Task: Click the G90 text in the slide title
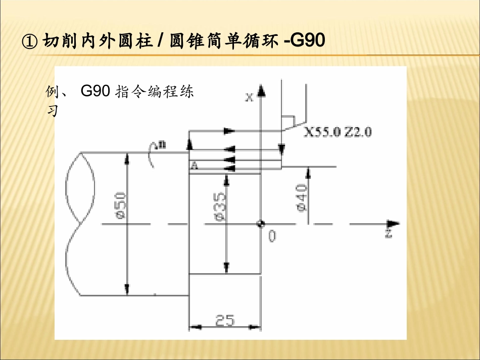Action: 307,40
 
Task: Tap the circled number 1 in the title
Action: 30,41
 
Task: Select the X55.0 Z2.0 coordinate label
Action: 338,132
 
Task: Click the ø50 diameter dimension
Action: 120,205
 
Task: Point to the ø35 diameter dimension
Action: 220,207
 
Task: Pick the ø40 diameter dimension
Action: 301,197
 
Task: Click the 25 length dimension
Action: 225,320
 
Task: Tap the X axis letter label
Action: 250,97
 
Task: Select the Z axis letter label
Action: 389,234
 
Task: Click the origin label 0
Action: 272,235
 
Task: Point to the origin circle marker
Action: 261,224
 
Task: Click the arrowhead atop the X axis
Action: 261,91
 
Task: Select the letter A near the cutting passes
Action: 194,166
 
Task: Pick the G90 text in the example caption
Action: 95,91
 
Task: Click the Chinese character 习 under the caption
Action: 52,110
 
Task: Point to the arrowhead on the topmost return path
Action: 229,131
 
